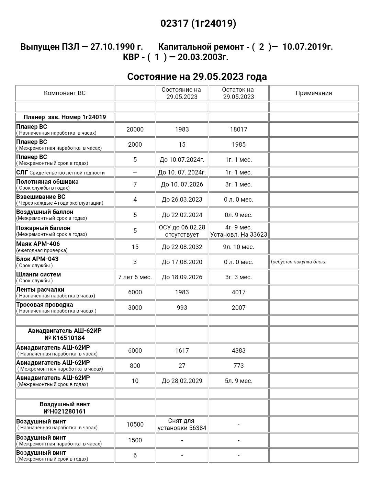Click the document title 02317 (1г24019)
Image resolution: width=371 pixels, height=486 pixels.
[x=198, y=23]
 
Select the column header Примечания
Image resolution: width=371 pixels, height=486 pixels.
[x=314, y=93]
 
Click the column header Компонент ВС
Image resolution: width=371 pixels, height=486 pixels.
[x=65, y=93]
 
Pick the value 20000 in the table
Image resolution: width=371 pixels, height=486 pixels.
[x=135, y=129]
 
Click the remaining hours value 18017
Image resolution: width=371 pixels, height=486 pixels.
[x=238, y=129]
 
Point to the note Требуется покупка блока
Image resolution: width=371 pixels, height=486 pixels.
[x=298, y=262]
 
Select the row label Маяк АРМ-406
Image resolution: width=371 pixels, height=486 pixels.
[x=38, y=244]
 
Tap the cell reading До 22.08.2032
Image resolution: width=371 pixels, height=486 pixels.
[x=182, y=247]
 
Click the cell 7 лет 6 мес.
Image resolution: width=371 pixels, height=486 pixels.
[x=135, y=277]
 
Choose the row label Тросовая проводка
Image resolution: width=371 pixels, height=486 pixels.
[x=45, y=305]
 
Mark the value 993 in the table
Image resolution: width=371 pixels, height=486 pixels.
[x=182, y=308]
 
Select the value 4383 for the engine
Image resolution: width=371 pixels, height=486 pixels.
[x=238, y=351]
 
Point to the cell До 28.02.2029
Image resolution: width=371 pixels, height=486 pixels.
[x=182, y=381]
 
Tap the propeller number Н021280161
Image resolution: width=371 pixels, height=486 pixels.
[x=65, y=411]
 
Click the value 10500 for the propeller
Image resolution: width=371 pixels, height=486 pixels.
[x=135, y=425]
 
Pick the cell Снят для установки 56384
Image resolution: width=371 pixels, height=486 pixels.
[x=182, y=425]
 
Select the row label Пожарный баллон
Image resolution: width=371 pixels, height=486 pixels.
[x=43, y=228]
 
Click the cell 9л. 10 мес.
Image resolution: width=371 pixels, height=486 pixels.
[x=238, y=247]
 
